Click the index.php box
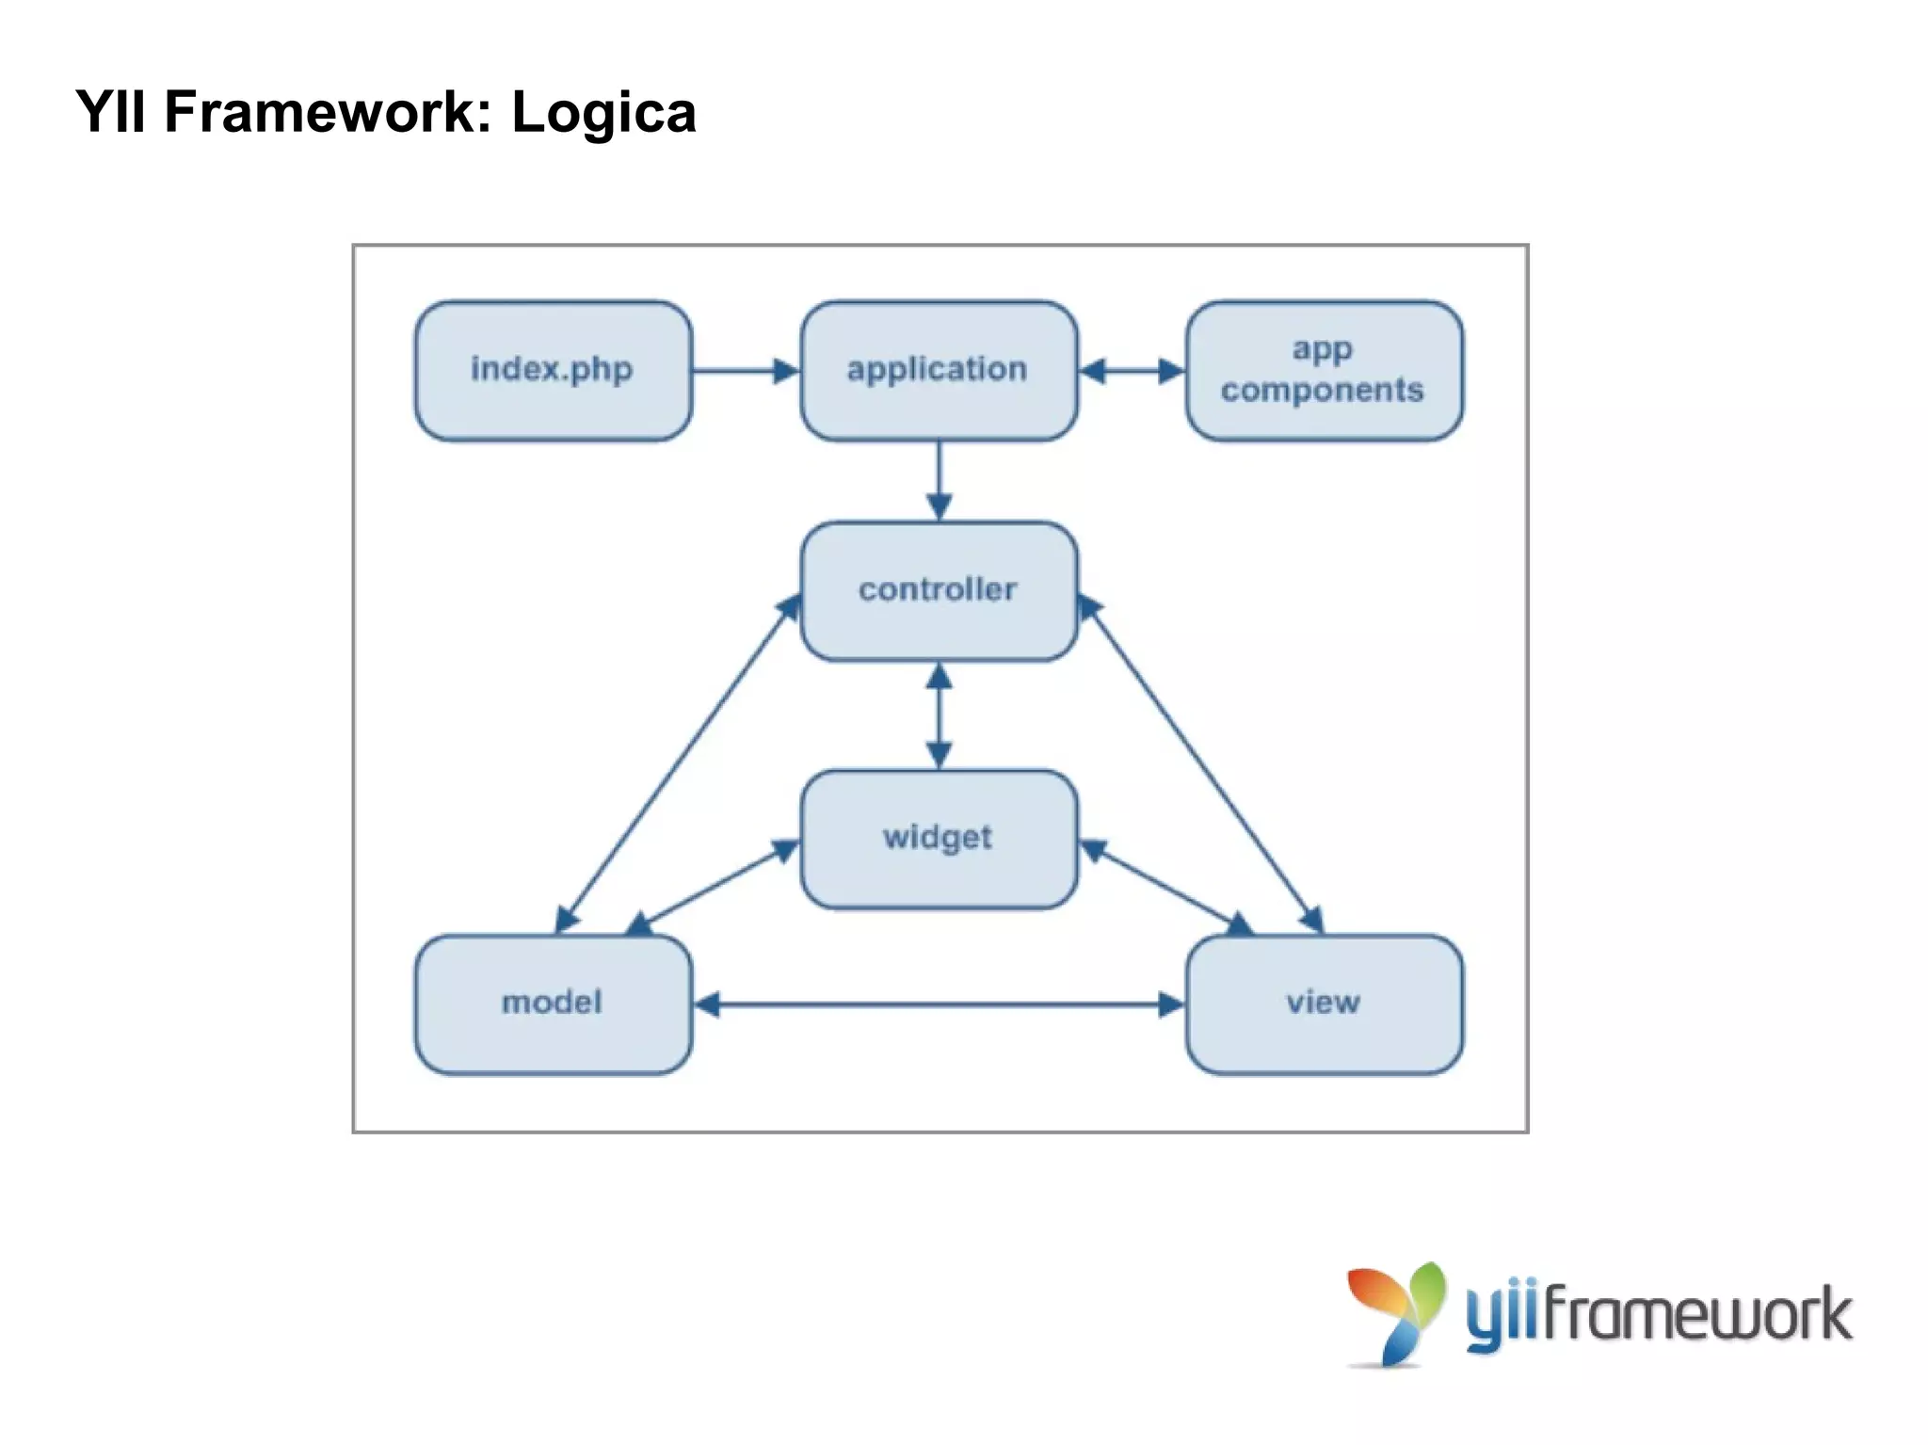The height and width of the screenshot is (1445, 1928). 553,370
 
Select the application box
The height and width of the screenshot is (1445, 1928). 938,370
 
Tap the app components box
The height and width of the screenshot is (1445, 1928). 1323,370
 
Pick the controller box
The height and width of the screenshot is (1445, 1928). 938,590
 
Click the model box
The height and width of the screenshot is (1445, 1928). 553,1003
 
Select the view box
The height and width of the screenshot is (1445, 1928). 1323,1003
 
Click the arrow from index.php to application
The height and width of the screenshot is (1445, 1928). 744,371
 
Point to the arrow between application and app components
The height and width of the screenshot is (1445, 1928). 1131,371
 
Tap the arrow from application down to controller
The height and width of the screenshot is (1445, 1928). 939,480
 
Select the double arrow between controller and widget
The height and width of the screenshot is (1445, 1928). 939,715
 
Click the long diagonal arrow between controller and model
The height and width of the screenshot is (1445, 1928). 678,763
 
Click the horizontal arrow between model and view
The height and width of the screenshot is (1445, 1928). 938,1004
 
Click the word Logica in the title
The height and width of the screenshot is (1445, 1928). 602,113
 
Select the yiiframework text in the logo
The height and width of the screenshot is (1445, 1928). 1657,1315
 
